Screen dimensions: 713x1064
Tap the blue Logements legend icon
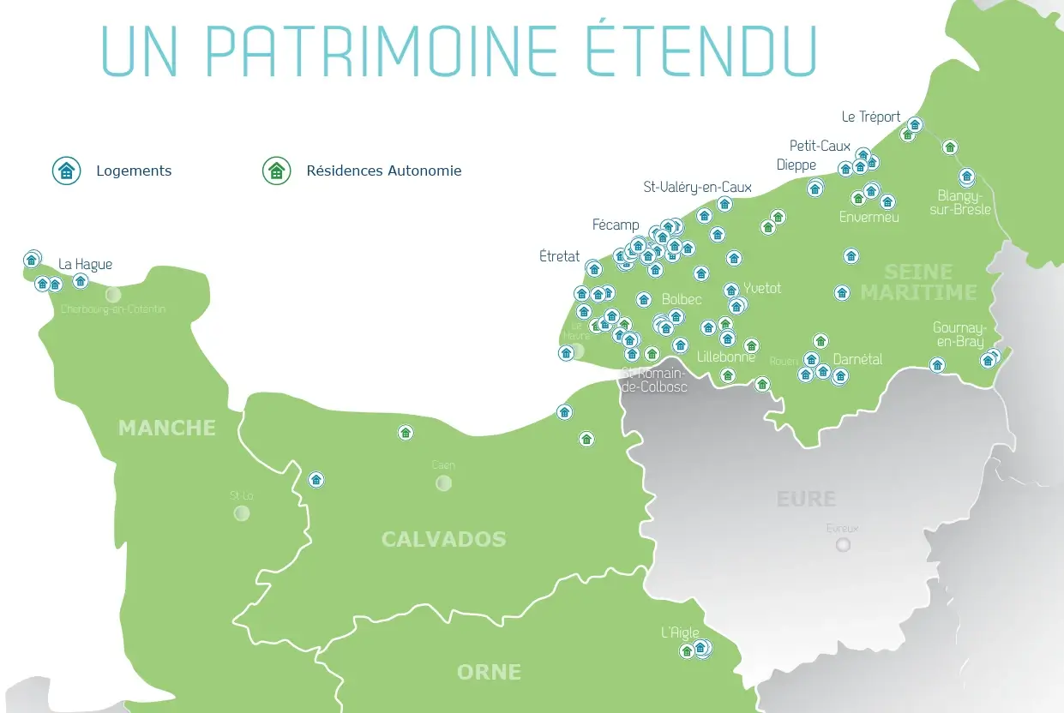tap(66, 171)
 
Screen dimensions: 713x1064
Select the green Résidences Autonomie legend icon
tap(276, 171)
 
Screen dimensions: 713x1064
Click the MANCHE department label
tap(167, 428)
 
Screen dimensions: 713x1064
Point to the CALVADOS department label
tap(443, 539)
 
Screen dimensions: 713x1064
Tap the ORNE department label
tap(489, 672)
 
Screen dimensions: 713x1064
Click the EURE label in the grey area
tap(806, 499)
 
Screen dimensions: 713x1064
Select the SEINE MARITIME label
tap(918, 283)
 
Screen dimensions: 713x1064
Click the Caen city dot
tap(443, 483)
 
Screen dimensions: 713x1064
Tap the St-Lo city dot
tap(242, 513)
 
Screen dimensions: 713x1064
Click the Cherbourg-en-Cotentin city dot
tap(112, 295)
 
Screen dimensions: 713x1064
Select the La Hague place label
tap(85, 264)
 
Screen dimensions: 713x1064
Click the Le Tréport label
tap(871, 117)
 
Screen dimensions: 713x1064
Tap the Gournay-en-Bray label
tap(959, 334)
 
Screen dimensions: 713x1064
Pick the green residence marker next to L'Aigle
tap(686, 651)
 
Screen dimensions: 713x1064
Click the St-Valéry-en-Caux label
tap(697, 187)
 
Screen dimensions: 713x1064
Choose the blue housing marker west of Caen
tap(316, 480)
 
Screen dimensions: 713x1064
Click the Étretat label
tap(560, 256)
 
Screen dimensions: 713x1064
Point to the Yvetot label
tap(762, 288)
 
